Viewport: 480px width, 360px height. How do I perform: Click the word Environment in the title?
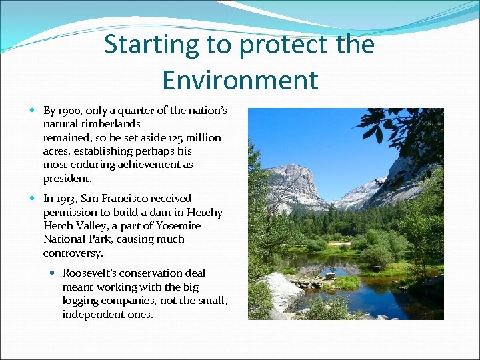[240, 80]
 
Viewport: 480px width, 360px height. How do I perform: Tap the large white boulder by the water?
[283, 291]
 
